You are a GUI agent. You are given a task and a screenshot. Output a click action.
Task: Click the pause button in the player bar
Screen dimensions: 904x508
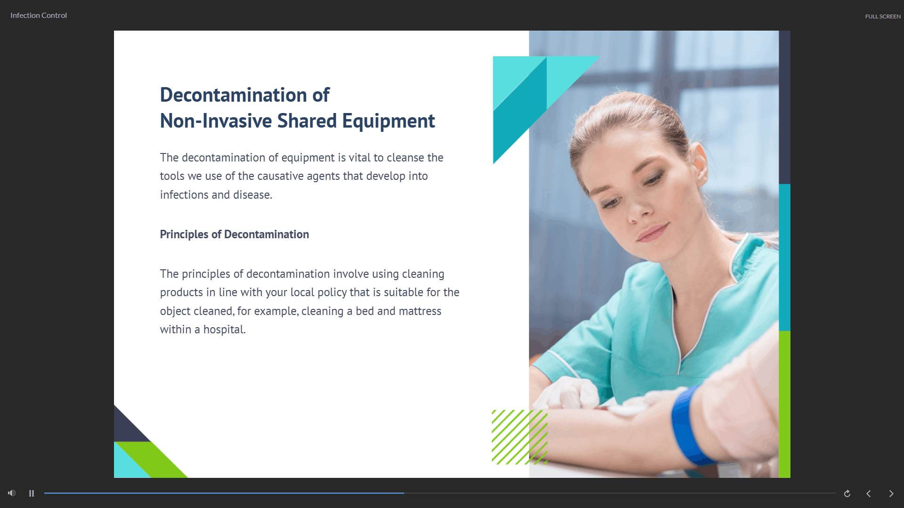pyautogui.click(x=32, y=493)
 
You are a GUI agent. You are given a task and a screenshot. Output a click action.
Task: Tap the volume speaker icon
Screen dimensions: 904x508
pyautogui.click(x=12, y=493)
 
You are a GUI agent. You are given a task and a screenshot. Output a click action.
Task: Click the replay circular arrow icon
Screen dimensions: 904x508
pyautogui.click(x=847, y=493)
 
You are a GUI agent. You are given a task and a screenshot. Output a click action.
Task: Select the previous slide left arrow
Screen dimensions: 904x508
pyautogui.click(x=869, y=493)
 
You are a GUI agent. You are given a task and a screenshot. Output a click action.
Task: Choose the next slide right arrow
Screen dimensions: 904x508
pyautogui.click(x=891, y=493)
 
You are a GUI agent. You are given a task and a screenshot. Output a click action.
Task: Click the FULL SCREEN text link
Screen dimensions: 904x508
pyautogui.click(x=883, y=16)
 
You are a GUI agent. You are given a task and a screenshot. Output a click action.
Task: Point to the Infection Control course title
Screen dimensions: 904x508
pyautogui.click(x=39, y=16)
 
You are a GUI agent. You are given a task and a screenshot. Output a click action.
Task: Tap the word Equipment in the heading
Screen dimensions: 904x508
pyautogui.click(x=388, y=121)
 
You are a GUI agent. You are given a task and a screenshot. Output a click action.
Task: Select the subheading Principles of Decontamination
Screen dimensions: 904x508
pyautogui.click(x=234, y=234)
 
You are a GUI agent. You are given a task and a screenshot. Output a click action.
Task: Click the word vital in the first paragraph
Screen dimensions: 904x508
pyautogui.click(x=359, y=158)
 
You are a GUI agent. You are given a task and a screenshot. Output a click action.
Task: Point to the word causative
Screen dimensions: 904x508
pyautogui.click(x=280, y=176)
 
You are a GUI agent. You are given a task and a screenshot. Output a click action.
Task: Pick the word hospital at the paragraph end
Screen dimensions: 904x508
pyautogui.click(x=224, y=330)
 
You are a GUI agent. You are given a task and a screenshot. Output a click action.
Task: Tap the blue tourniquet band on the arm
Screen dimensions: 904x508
pyautogui.click(x=690, y=426)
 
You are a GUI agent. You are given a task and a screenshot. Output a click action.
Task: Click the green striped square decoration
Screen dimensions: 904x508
pyautogui.click(x=520, y=437)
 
